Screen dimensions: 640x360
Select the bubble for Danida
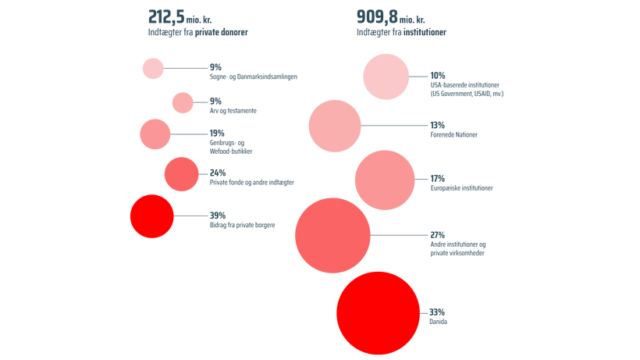[378, 313]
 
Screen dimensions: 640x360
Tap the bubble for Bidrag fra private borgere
[152, 216]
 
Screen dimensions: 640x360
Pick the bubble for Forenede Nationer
[335, 127]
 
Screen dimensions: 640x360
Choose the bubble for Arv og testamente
[183, 102]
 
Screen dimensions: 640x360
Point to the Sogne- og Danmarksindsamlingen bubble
[153, 68]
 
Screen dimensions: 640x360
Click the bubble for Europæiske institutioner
[385, 180]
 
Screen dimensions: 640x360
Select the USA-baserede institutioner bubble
[386, 77]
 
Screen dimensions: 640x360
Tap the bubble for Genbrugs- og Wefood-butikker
[155, 134]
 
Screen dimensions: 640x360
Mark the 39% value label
[218, 216]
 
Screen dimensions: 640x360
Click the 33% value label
[437, 312]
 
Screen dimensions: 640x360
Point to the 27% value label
[438, 235]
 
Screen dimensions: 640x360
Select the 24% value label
[218, 173]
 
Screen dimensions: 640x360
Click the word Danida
[438, 322]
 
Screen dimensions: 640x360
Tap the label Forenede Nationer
[454, 134]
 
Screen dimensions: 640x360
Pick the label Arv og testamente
[233, 111]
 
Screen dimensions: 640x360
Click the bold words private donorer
[221, 32]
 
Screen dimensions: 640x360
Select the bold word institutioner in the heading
[425, 32]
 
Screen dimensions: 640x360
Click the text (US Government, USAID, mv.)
[467, 94]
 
